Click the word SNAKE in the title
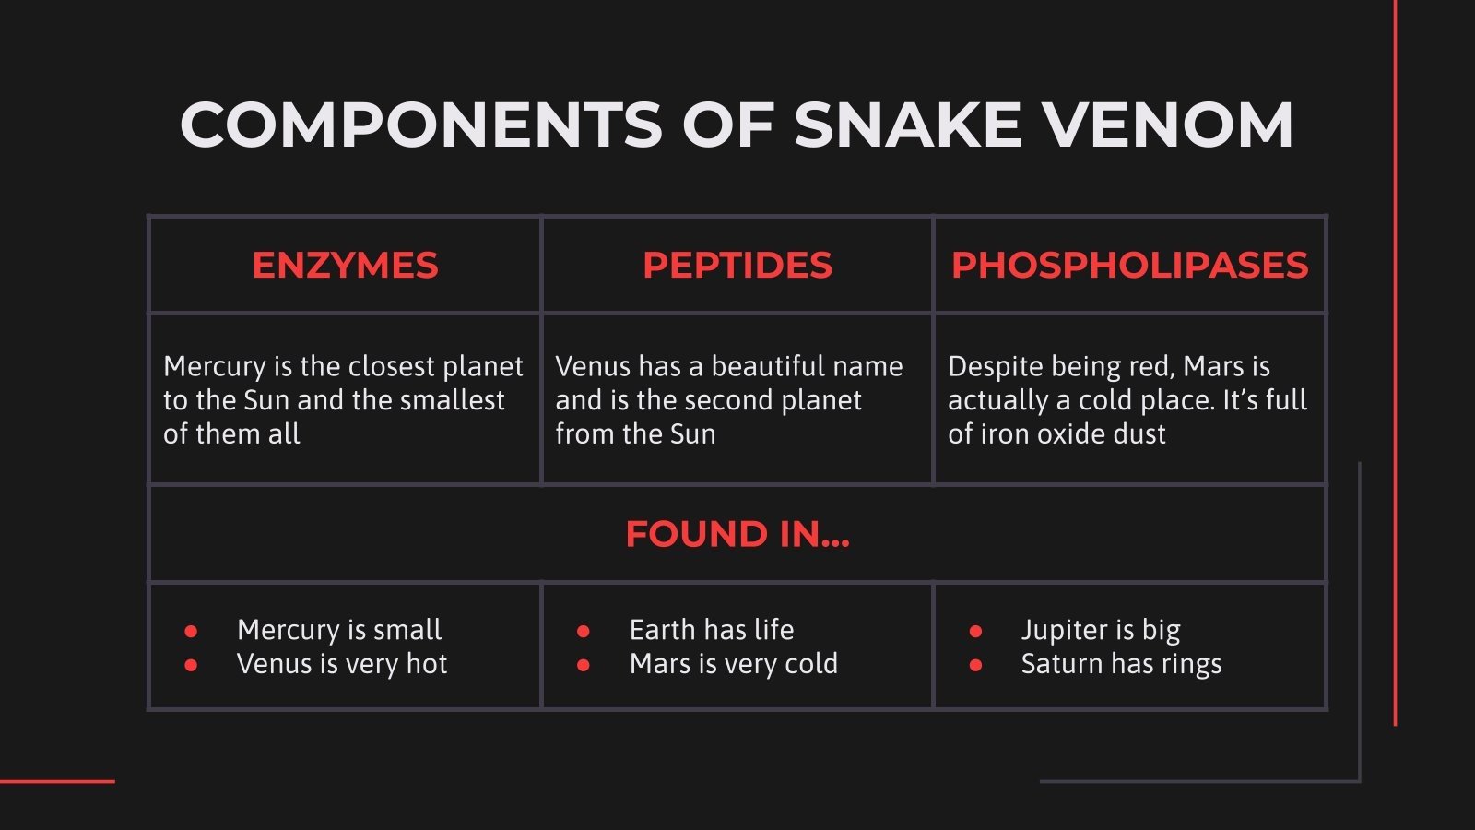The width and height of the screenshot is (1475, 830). coord(908,125)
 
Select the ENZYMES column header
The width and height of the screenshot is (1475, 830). coord(345,266)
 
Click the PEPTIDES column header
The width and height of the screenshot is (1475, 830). coord(737,266)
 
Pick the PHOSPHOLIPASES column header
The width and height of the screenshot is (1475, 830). coord(1129,266)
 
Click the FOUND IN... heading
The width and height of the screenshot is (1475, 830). coord(737,534)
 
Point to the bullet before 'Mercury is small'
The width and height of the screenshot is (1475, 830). coord(191,632)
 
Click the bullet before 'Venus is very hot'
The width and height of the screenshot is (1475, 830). coord(191,665)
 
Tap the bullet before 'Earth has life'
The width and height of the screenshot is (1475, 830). coord(584,632)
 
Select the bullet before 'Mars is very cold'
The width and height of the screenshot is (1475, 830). coord(584,665)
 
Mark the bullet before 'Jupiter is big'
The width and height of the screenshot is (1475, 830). coord(975,632)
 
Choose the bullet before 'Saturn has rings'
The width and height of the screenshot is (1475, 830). coord(975,665)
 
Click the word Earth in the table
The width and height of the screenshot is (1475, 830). coord(662,630)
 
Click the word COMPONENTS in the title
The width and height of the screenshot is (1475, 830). coord(420,125)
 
